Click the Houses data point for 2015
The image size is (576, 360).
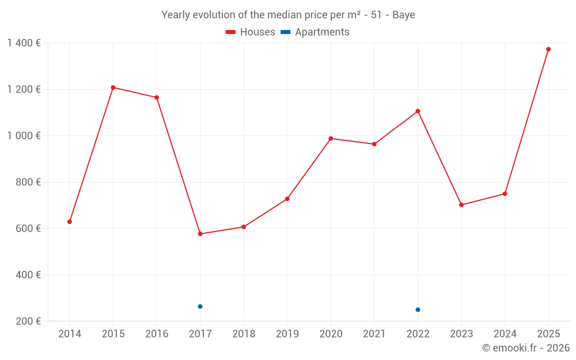point(113,88)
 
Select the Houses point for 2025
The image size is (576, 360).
point(548,50)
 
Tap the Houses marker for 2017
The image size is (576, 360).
point(200,234)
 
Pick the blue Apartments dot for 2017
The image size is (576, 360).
point(200,306)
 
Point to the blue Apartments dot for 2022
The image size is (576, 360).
point(418,310)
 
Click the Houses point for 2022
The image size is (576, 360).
point(418,111)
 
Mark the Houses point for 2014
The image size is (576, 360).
point(70,222)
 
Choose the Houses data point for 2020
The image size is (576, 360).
point(331,138)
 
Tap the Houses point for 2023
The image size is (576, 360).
point(461,205)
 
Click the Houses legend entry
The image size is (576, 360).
point(251,32)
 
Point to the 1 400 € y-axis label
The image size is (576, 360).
point(24,43)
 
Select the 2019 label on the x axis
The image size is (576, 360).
point(287,334)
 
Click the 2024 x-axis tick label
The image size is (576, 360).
point(505,334)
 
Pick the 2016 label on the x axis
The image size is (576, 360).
point(157,334)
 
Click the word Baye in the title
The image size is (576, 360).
point(403,15)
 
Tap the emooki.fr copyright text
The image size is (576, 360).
point(526,348)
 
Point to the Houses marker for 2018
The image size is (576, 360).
point(244,227)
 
